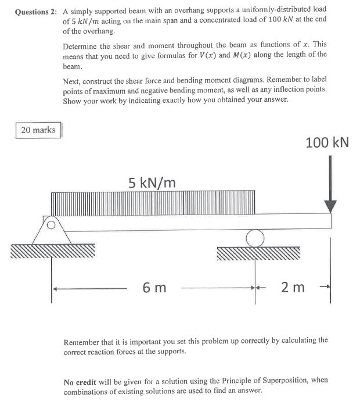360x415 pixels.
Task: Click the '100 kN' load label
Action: [327, 142]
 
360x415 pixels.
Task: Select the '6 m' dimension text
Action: [154, 287]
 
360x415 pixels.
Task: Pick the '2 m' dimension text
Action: [292, 287]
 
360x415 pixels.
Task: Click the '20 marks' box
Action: [38, 130]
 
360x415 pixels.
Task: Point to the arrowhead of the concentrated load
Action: [330, 206]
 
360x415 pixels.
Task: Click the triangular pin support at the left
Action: [52, 231]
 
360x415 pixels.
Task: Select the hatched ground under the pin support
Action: [52, 251]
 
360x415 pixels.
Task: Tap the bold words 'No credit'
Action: [80, 381]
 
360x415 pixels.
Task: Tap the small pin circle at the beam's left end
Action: [51, 223]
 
